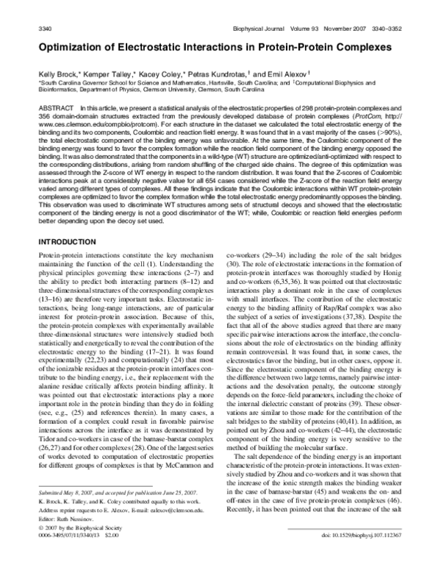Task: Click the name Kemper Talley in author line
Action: click(110, 74)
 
